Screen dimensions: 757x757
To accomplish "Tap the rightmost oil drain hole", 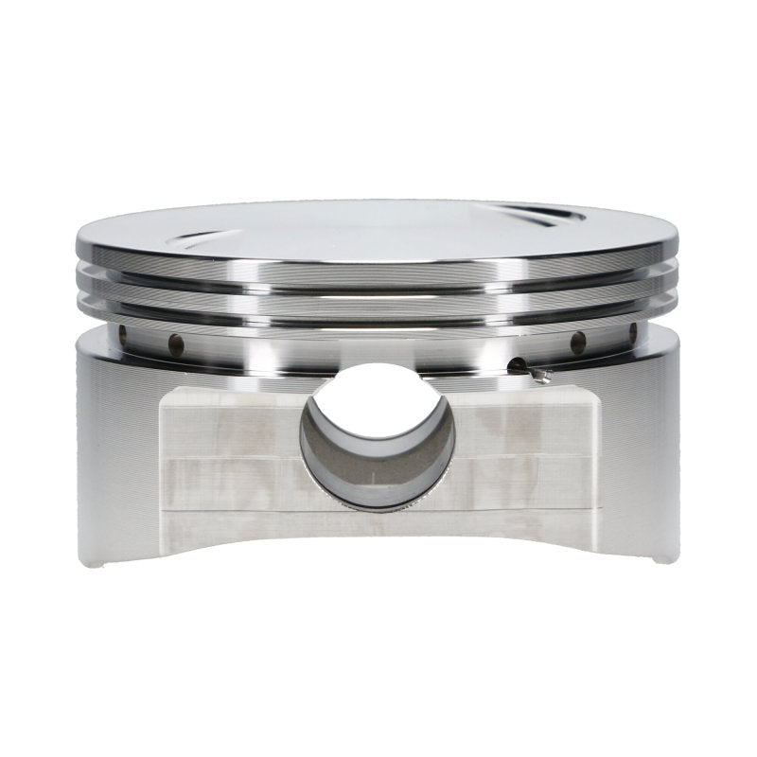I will (631, 330).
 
